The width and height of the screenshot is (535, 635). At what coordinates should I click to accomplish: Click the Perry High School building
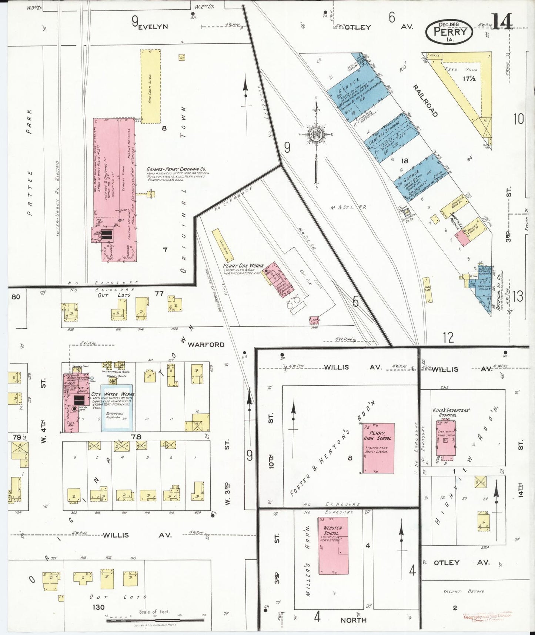pyautogui.click(x=378, y=448)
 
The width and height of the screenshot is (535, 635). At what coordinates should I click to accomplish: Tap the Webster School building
pyautogui.click(x=333, y=545)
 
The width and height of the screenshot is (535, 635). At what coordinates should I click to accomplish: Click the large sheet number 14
pyautogui.click(x=502, y=21)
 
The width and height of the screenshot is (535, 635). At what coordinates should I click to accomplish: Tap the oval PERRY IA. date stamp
pyautogui.click(x=448, y=31)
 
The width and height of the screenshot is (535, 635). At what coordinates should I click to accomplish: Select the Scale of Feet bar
pyautogui.click(x=155, y=620)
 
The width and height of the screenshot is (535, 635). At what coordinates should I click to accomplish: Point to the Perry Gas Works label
pyautogui.click(x=243, y=266)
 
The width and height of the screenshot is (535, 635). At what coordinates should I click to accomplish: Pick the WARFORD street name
pyautogui.click(x=206, y=345)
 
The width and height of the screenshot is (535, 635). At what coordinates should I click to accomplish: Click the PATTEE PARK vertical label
pyautogui.click(x=30, y=162)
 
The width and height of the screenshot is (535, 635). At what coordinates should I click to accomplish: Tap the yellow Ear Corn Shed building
pyautogui.click(x=150, y=86)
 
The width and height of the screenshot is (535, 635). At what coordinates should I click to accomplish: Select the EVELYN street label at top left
pyautogui.click(x=153, y=27)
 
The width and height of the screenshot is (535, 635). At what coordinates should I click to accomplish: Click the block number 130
pyautogui.click(x=99, y=607)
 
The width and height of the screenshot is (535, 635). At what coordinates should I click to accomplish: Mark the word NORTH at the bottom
pyautogui.click(x=353, y=620)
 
